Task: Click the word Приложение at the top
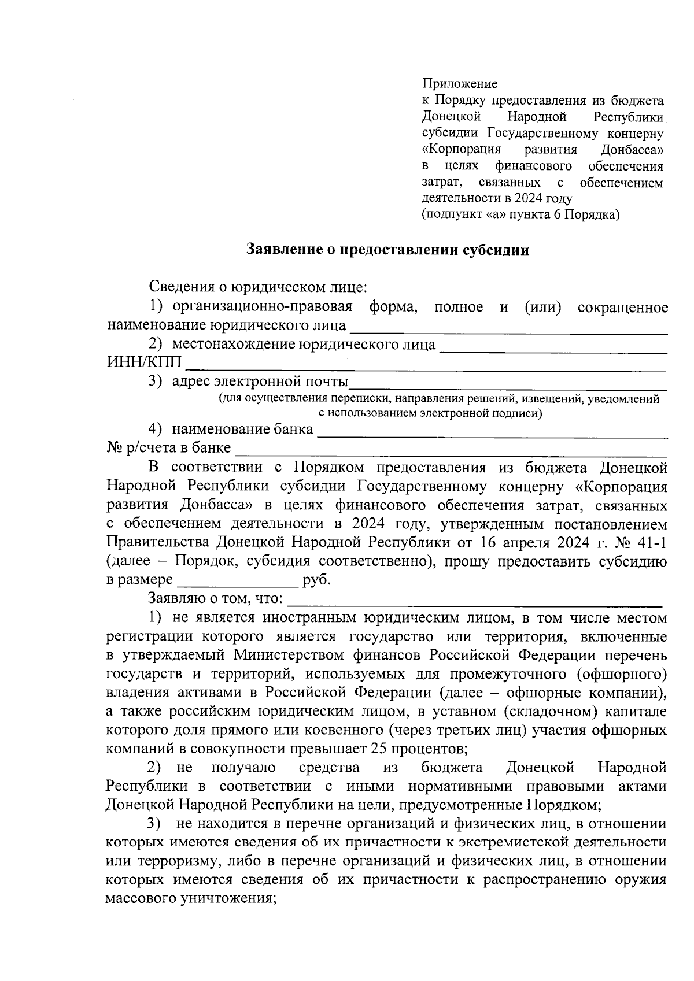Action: [x=460, y=84]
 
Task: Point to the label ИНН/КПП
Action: [x=144, y=363]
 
